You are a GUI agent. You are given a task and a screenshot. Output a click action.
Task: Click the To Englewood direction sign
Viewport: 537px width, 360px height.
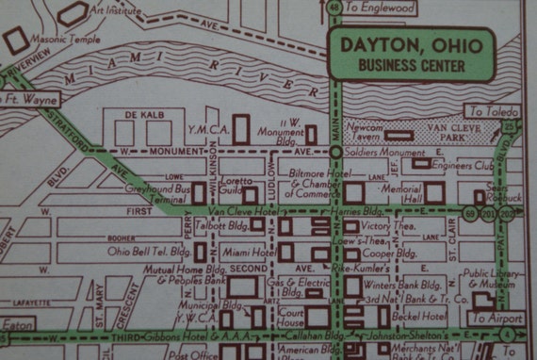(381, 8)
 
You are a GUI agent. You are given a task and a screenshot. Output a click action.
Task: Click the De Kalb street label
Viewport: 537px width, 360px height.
(145, 115)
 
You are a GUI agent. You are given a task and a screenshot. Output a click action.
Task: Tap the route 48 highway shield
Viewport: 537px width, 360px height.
(334, 8)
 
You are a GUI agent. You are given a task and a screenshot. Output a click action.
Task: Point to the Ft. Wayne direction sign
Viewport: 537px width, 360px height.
(31, 99)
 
